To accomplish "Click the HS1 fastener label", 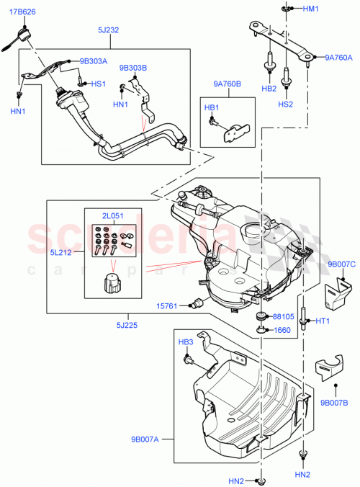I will (98, 84).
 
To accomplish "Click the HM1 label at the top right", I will (310, 9).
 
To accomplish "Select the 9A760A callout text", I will (338, 57).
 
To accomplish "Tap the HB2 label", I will (269, 89).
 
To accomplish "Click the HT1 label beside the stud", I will (323, 321).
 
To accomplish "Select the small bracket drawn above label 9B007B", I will (329, 367).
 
